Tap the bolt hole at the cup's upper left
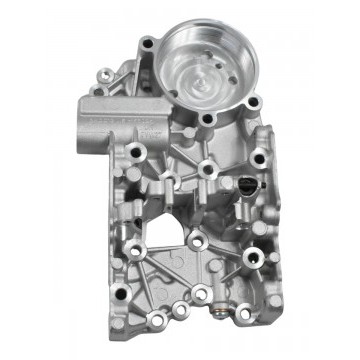[x=147, y=42]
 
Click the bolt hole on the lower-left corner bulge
[x=118, y=323]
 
